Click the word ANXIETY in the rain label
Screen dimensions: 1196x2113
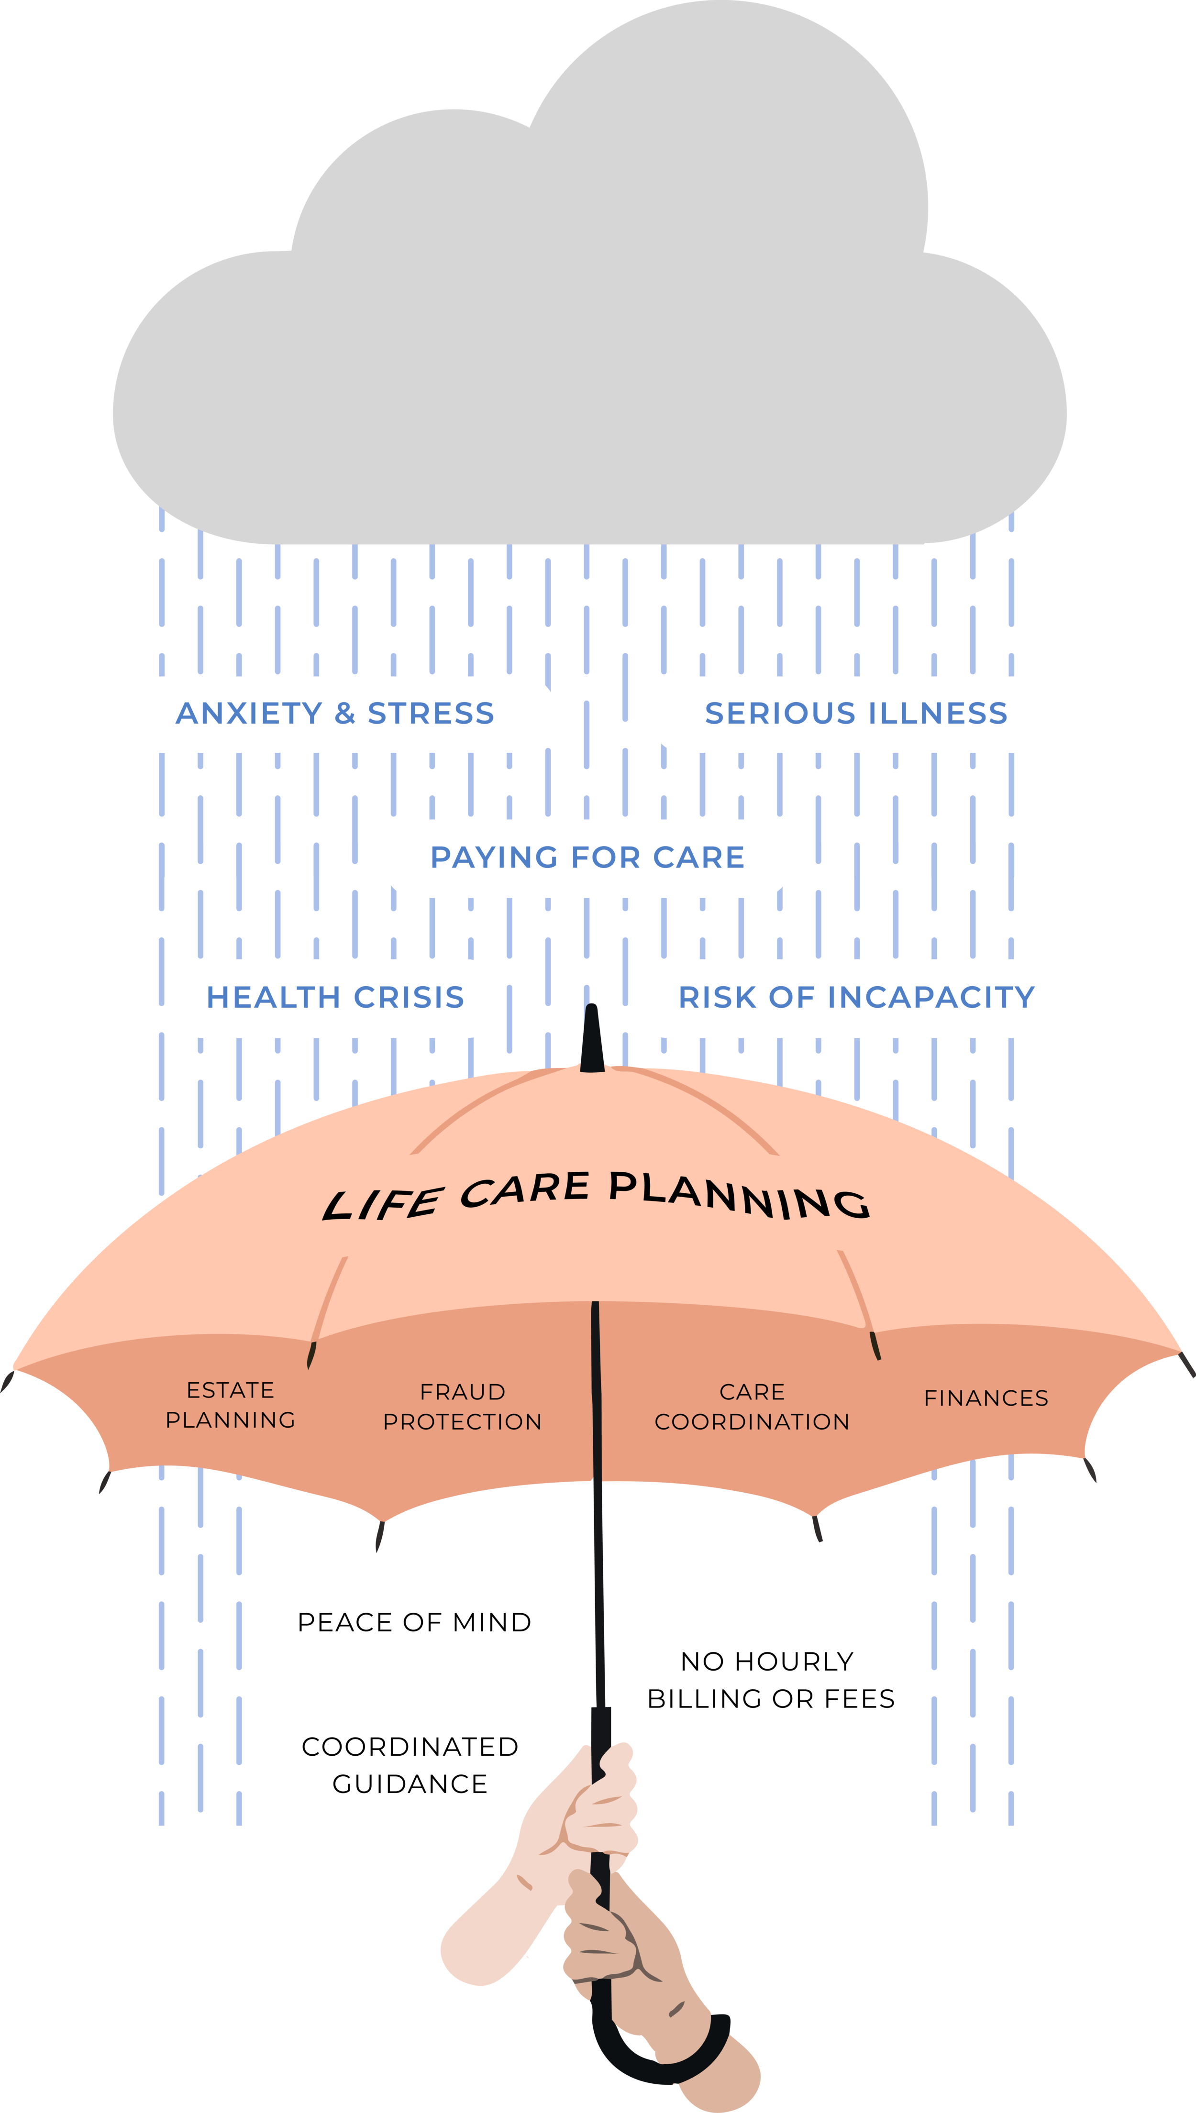click(249, 714)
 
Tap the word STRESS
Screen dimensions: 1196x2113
click(431, 714)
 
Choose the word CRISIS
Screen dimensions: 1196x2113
click(409, 997)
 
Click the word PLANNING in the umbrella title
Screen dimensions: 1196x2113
click(739, 1195)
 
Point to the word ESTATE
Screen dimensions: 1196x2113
click(230, 1390)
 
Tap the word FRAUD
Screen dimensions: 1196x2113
click(463, 1392)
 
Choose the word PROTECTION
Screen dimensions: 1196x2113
click(463, 1421)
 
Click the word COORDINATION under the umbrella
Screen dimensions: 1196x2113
click(752, 1421)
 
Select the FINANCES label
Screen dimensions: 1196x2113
click(986, 1398)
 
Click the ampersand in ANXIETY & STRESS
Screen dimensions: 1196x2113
click(345, 714)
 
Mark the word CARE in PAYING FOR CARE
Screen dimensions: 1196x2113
click(699, 858)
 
